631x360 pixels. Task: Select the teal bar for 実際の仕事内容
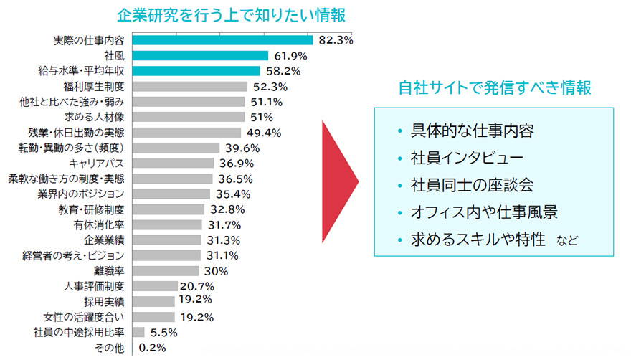pos(222,40)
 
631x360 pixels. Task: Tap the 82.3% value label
pos(336,41)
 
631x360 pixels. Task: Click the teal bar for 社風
pos(200,55)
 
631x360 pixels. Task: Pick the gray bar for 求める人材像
pos(188,117)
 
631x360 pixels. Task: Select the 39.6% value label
pos(241,148)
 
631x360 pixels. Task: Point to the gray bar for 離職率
pos(166,271)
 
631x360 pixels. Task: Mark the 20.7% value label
pos(197,287)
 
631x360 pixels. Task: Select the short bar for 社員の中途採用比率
pos(138,332)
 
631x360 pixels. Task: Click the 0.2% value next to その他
pos(153,348)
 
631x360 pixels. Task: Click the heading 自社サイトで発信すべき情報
pos(495,88)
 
